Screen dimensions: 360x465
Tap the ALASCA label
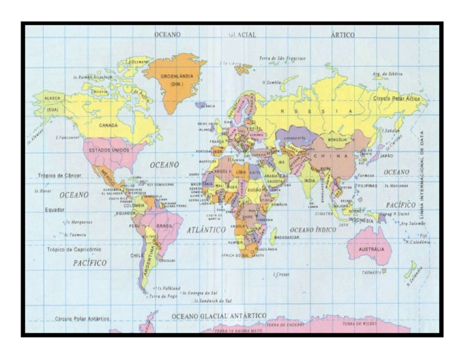(53, 98)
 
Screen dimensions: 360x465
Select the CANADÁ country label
(109, 125)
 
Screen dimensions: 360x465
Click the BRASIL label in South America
(164, 225)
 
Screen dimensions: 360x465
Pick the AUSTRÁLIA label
(371, 248)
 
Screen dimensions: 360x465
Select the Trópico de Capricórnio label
(74, 248)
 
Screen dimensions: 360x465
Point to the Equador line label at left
(54, 210)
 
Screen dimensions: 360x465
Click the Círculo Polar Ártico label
(396, 98)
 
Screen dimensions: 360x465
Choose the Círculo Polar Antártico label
(82, 318)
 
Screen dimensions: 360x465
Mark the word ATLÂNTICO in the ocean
(206, 230)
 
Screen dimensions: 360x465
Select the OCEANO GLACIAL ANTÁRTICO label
(219, 316)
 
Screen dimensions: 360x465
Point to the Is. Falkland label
(168, 288)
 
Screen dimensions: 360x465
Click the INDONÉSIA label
(361, 221)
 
